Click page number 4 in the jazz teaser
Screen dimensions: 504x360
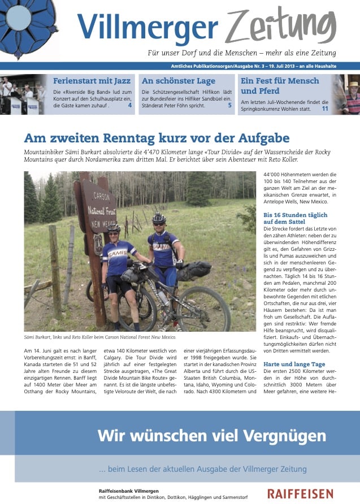pos(129,105)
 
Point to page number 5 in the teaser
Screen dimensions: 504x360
pos(229,105)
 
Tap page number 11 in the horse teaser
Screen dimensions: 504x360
pos(325,108)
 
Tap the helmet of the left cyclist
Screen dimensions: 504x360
pos(114,229)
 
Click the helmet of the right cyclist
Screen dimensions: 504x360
pos(159,218)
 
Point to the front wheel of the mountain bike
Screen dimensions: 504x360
pos(202,309)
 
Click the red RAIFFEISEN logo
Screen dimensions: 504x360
pos(300,494)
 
